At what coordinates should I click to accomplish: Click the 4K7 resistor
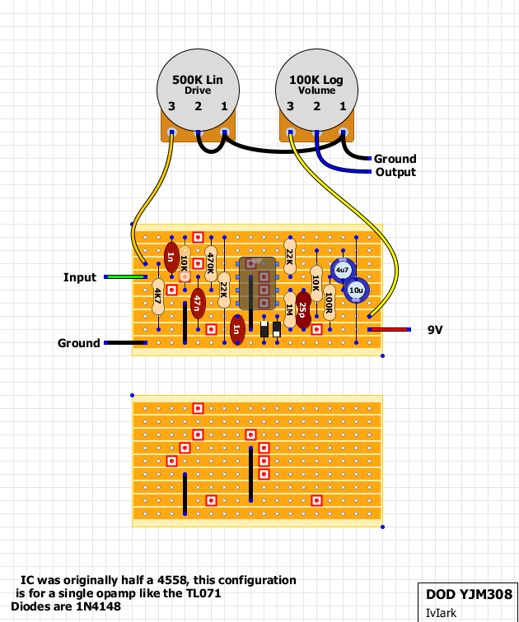tap(158, 296)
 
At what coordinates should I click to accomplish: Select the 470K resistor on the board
tap(211, 264)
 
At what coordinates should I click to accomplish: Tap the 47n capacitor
tap(198, 304)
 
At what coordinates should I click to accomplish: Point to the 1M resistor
tap(290, 310)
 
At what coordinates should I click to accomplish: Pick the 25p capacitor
tap(303, 310)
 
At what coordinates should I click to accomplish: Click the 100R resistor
tap(330, 303)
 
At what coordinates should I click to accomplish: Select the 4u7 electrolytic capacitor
tap(343, 270)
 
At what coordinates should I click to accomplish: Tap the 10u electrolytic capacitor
tap(356, 290)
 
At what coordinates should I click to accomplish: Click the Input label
tap(80, 277)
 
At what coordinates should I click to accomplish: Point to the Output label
tap(395, 172)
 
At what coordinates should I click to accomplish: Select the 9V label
tap(435, 330)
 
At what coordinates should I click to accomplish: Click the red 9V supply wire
tap(389, 330)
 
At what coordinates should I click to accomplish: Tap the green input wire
tap(125, 277)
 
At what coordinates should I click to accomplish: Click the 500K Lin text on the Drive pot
tap(198, 80)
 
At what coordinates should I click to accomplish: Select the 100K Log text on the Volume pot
tap(316, 80)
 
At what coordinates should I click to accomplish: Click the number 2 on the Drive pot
tap(198, 106)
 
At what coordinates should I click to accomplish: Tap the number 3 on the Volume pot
tap(290, 106)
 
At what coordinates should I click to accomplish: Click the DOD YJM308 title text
tap(469, 594)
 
